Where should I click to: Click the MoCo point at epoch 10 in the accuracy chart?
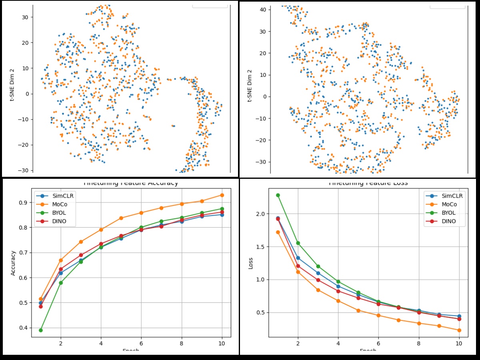point(222,195)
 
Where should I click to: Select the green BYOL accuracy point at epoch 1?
point(40,330)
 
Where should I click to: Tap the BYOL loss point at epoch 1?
point(278,195)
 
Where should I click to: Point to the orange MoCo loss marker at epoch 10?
point(459,330)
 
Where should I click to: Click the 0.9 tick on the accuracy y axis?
point(24,202)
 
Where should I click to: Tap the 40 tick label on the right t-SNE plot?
point(263,9)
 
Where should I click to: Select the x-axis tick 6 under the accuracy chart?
point(141,343)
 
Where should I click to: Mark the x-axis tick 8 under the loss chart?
point(419,343)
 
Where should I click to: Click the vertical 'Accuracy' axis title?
point(13,263)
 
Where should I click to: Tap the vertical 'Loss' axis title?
point(251,263)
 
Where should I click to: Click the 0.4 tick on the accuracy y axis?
point(24,328)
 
